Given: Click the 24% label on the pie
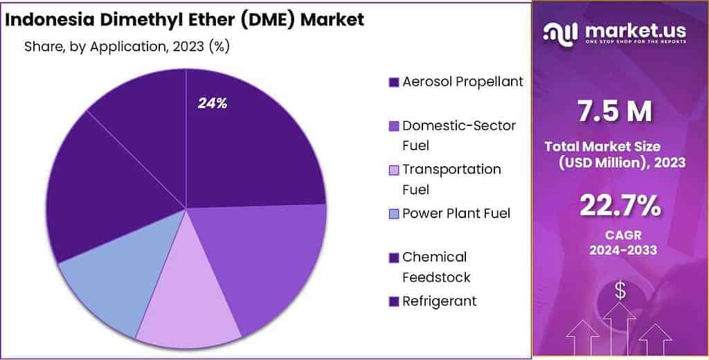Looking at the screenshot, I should click(213, 104).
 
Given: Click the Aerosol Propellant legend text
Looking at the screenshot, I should click(463, 82).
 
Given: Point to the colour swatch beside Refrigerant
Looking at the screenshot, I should click(394, 301).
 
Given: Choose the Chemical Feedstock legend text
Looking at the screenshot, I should click(436, 267).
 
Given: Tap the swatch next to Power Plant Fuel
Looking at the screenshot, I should click(394, 214).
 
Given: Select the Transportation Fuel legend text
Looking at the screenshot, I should click(451, 179).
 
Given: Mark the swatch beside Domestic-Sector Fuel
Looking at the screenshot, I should click(394, 127).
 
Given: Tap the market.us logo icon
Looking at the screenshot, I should click(562, 33).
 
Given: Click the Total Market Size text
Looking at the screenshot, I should click(602, 146).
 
